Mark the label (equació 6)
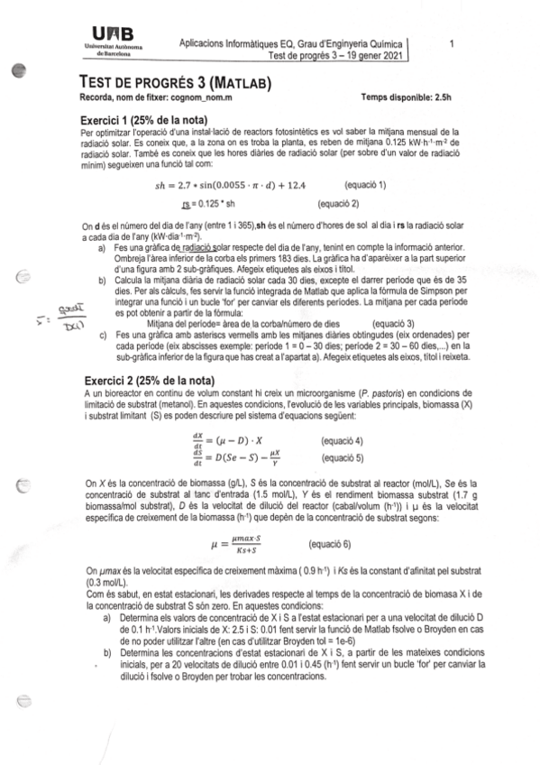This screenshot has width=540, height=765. coord(329,545)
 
